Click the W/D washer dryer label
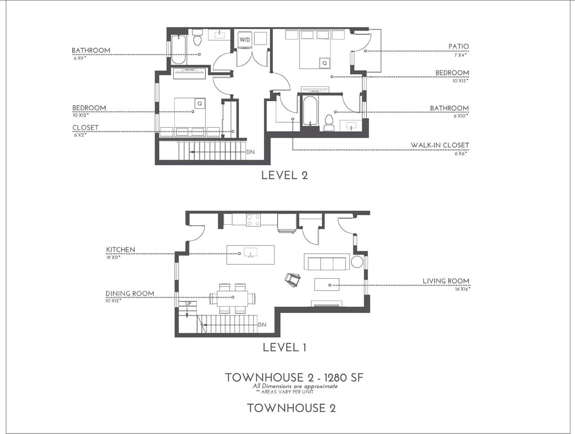point(245,40)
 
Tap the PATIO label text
point(458,46)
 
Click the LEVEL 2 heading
point(284,175)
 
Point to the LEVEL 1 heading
point(284,347)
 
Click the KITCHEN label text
point(120,250)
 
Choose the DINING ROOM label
point(130,294)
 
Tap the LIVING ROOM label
point(446,281)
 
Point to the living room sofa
point(327,262)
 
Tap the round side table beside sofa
point(357,262)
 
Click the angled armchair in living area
point(292,280)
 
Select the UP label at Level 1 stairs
point(188,304)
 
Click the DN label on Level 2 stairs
point(250,152)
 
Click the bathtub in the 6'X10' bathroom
point(310,111)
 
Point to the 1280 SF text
point(344,377)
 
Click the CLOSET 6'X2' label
point(85,128)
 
